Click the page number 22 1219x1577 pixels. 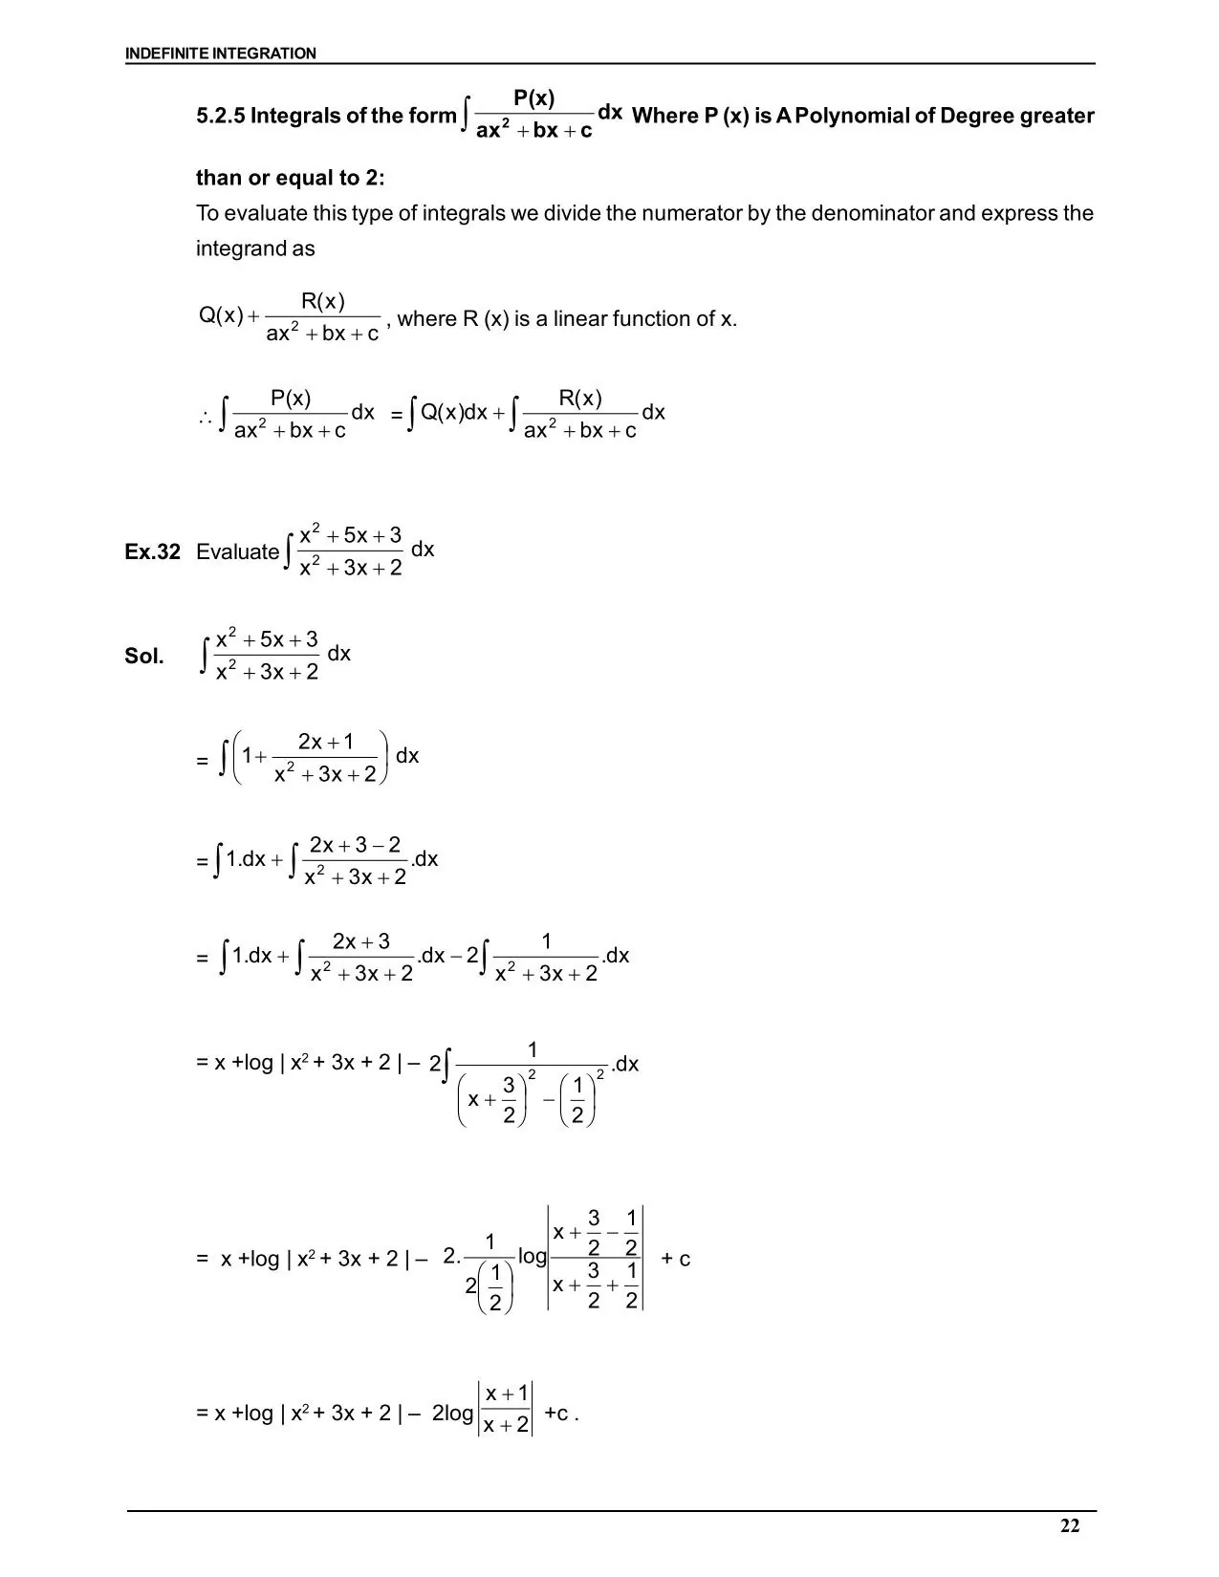(x=1070, y=1525)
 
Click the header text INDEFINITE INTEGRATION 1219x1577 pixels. (x=220, y=54)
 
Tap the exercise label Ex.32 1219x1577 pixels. (x=152, y=551)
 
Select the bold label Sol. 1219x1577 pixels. (x=144, y=656)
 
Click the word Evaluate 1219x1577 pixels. (x=237, y=551)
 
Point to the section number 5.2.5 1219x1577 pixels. (x=220, y=116)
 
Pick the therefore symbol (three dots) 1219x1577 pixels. (x=205, y=417)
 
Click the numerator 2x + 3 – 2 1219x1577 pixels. (x=355, y=845)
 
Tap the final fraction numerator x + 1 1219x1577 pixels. (x=507, y=1393)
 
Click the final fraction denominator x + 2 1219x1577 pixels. (x=506, y=1425)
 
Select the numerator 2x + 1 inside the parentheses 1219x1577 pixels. (x=325, y=742)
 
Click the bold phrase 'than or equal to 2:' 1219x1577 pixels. (x=290, y=178)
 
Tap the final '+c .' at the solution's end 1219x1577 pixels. (x=561, y=1413)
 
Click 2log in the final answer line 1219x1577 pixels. (x=452, y=1413)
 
